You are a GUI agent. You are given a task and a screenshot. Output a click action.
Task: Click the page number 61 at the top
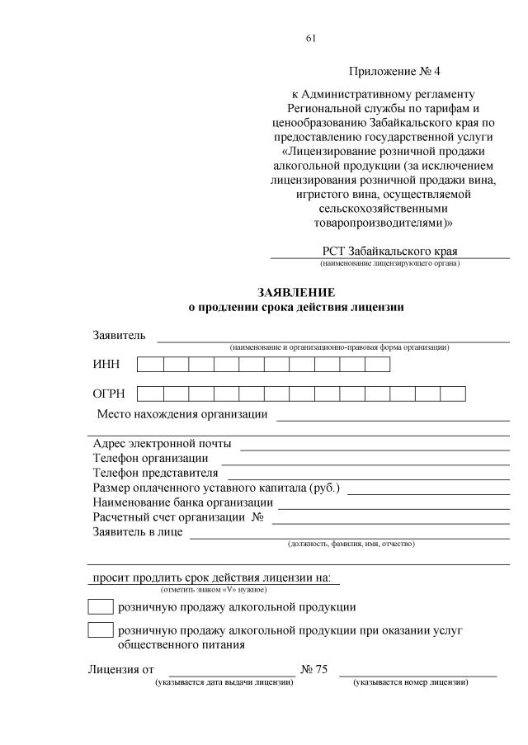pos(310,39)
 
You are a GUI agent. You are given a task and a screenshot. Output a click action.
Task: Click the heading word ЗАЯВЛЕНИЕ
pos(295,293)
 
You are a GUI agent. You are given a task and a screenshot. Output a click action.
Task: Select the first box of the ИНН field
pos(150,365)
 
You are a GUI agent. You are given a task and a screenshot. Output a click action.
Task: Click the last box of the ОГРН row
pos(453,394)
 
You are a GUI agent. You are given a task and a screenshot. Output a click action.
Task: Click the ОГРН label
pos(109,394)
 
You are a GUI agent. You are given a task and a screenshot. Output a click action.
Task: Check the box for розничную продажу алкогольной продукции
pos(101,607)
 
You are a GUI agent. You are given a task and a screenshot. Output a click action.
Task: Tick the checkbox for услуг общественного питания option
pos(101,630)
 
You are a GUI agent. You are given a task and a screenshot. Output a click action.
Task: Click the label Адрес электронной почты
pos(163,444)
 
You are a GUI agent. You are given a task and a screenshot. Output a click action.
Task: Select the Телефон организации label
pos(151,458)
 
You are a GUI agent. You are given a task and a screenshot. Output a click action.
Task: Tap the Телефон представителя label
pos(156,473)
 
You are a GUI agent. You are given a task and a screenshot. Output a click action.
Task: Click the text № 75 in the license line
pos(314,668)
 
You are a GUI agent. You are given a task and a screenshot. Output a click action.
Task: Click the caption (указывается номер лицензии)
pos(411,682)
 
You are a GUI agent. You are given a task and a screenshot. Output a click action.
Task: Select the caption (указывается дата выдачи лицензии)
pos(224,682)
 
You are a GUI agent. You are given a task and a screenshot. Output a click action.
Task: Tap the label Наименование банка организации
pos(183,502)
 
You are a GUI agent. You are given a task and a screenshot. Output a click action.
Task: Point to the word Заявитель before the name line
pos(120,335)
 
